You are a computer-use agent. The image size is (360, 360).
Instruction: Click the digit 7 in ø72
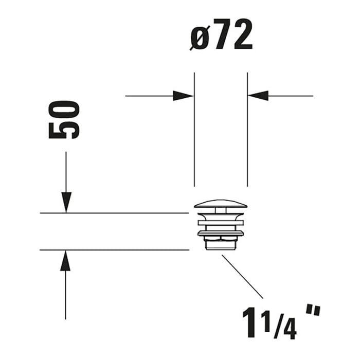[221, 35]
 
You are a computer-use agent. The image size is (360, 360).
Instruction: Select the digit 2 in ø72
[241, 35]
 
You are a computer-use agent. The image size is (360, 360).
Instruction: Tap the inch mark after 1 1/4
[312, 311]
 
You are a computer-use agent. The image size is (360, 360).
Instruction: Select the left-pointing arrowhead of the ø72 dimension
[258, 96]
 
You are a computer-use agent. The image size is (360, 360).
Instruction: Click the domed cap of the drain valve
[221, 204]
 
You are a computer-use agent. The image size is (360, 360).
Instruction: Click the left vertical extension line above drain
[194, 129]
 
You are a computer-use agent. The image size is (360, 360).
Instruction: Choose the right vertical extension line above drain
[247, 129]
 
